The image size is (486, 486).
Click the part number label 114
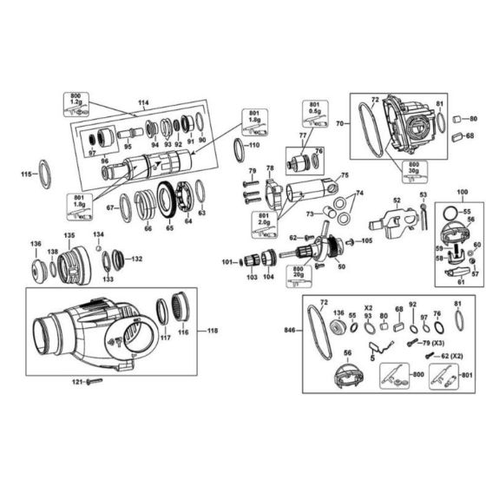point(143,112)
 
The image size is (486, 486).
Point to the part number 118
point(213,331)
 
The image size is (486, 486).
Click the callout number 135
point(69,235)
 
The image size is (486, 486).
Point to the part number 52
point(396,201)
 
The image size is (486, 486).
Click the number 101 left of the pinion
point(227,261)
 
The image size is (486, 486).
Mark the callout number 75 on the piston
point(344,175)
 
